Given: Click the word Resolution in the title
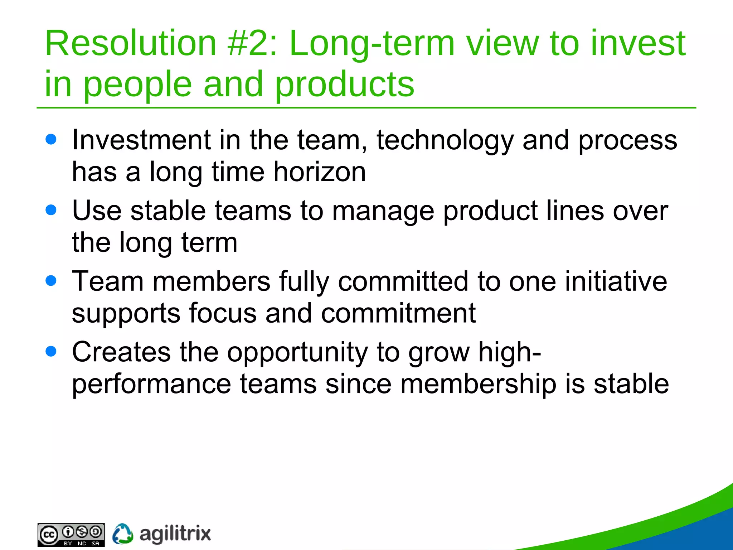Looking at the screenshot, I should pyautogui.click(x=130, y=43).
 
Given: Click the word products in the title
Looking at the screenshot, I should pyautogui.click(x=344, y=85).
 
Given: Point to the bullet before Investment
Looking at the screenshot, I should pyautogui.click(x=51, y=139).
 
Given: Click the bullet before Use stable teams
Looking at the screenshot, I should pyautogui.click(x=51, y=210).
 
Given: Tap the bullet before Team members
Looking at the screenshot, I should pyautogui.click(x=51, y=280).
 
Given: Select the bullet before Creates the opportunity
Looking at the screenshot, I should pyautogui.click(x=51, y=351).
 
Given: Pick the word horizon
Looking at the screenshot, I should pyautogui.click(x=320, y=172).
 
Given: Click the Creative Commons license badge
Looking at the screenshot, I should pyautogui.click(x=71, y=535).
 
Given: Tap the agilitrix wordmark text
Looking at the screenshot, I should pyautogui.click(x=175, y=534).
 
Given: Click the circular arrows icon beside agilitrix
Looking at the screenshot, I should pyautogui.click(x=123, y=534).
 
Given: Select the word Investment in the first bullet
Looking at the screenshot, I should pyautogui.click(x=141, y=140).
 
